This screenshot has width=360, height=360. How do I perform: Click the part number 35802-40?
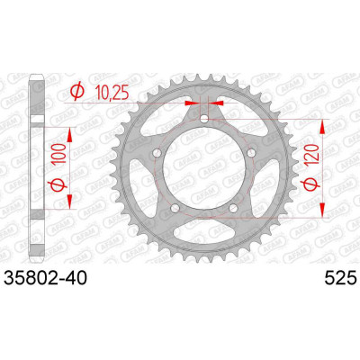[x=45, y=278]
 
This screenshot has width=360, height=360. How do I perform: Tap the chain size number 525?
[x=340, y=278]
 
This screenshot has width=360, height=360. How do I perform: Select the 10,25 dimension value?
[x=112, y=93]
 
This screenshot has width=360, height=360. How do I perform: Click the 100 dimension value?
[x=58, y=153]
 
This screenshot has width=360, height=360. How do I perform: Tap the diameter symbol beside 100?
[x=58, y=184]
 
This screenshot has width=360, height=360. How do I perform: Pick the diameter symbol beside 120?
[x=310, y=184]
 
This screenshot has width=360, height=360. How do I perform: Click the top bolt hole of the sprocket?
[x=204, y=119]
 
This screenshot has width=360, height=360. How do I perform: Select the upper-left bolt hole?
[x=157, y=153]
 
